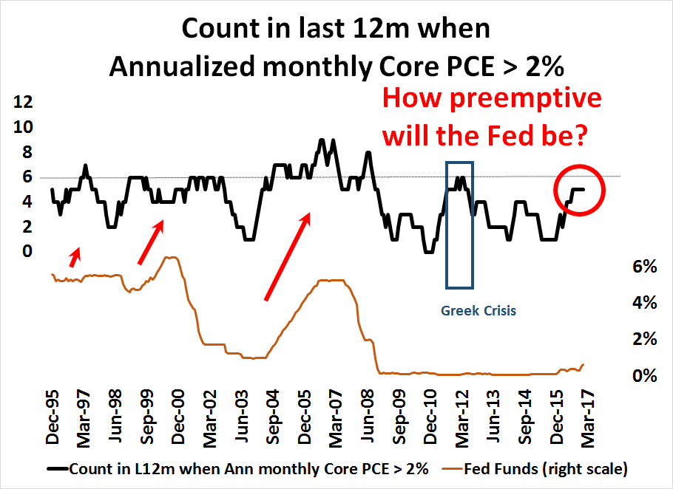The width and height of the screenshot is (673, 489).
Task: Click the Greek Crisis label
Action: click(478, 311)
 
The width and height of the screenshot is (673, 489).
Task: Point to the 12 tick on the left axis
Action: click(23, 101)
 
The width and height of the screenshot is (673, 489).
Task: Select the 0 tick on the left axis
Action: click(28, 252)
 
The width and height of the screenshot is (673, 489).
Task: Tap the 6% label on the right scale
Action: click(644, 267)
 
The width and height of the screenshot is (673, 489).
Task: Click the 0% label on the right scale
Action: click(644, 376)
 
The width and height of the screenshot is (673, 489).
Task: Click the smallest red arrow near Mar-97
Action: click(75, 256)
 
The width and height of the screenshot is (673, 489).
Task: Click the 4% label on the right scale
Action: click(644, 303)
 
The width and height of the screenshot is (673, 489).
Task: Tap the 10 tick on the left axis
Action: click(23, 126)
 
